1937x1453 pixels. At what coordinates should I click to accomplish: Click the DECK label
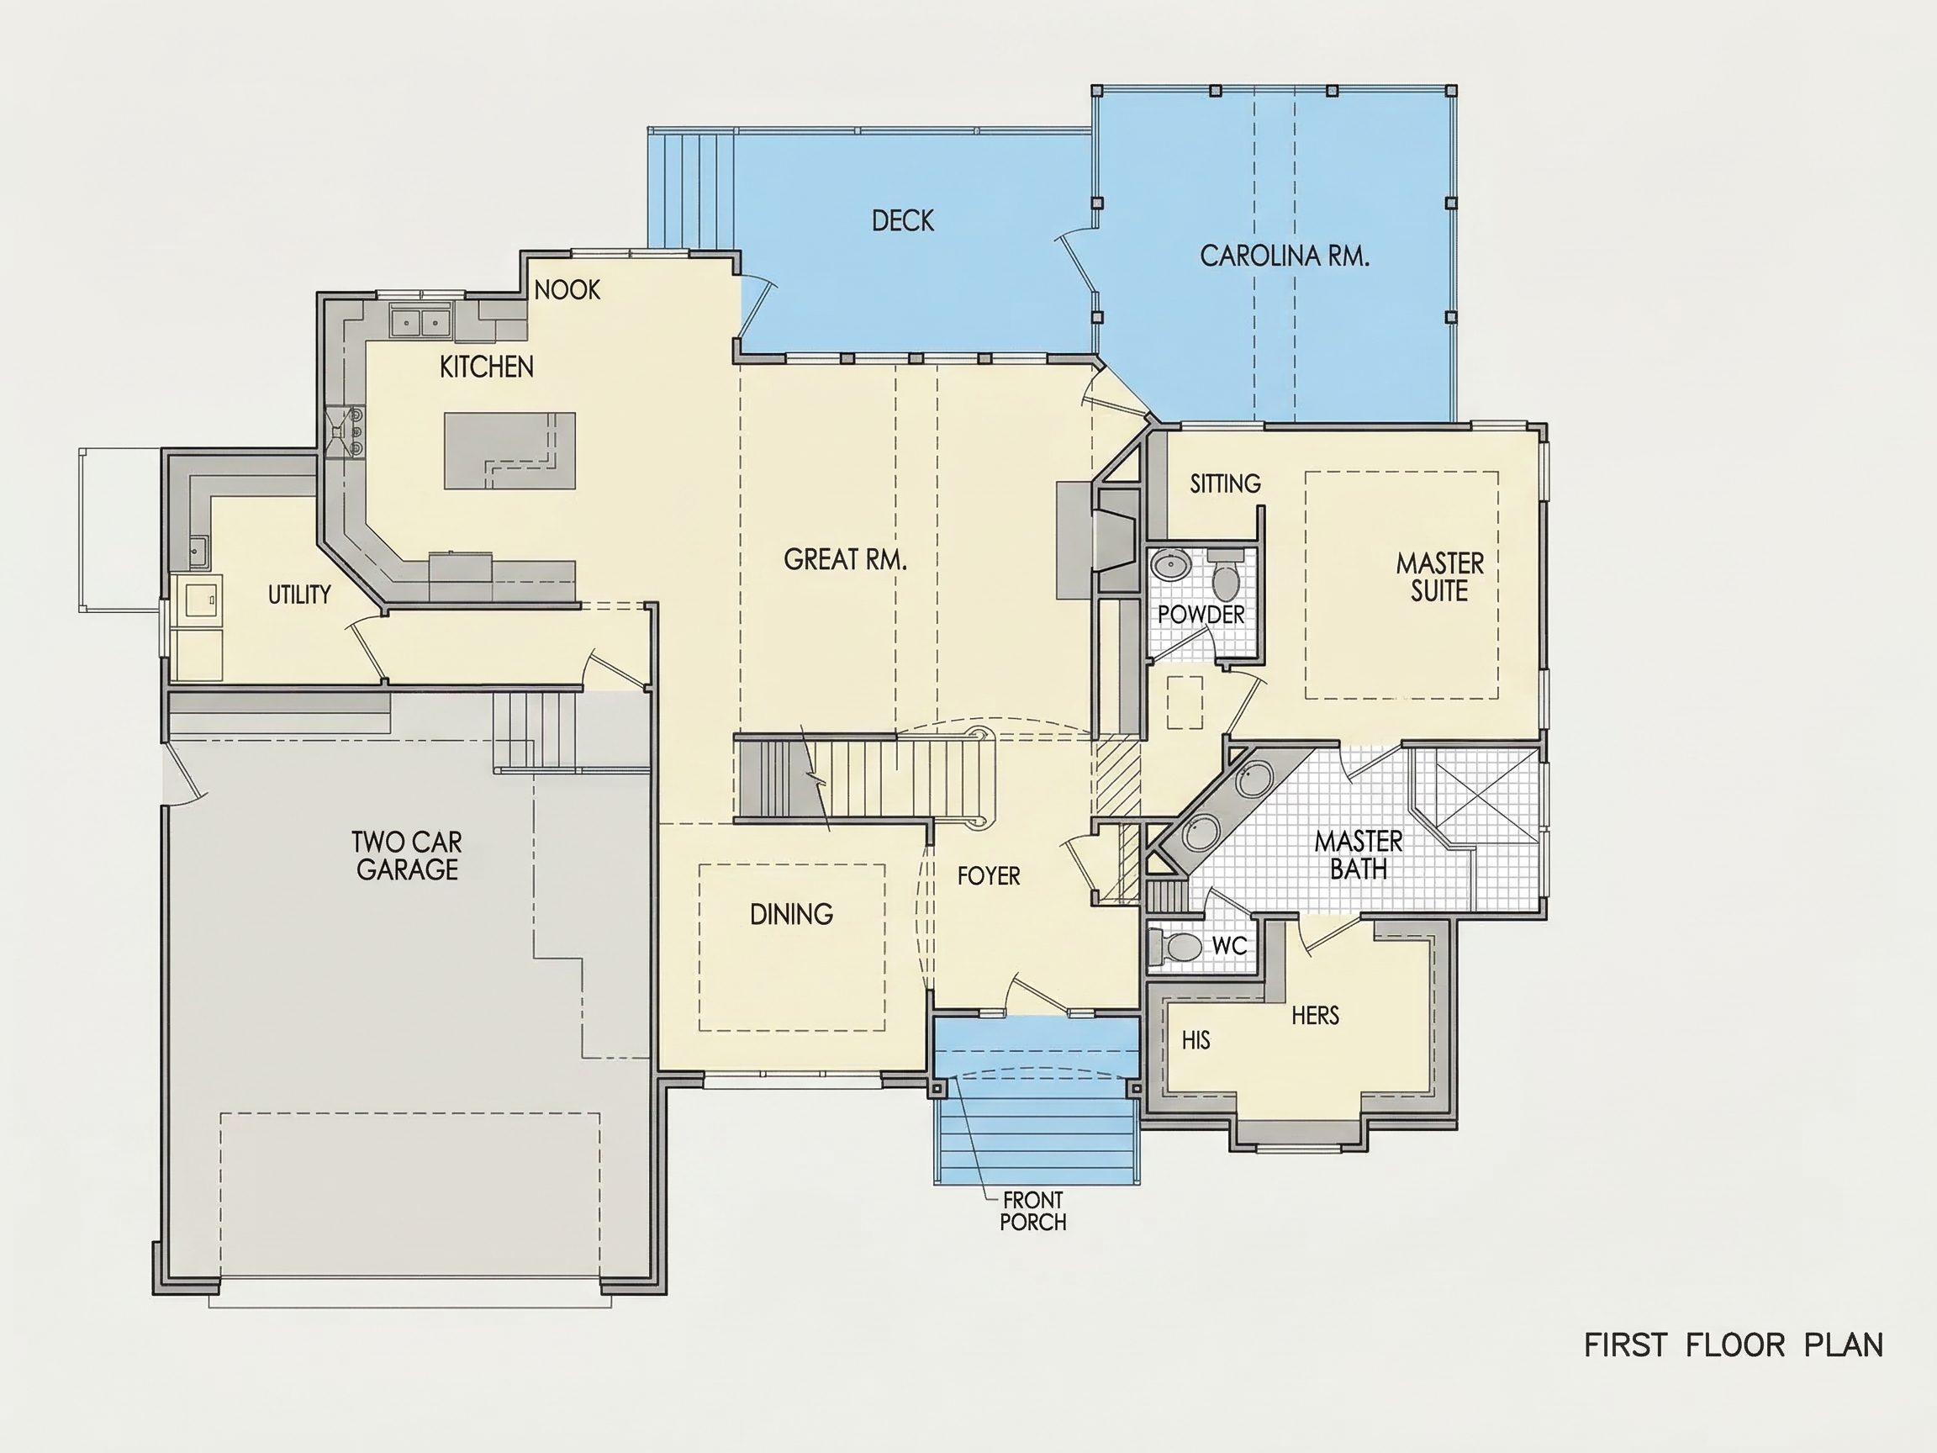[x=903, y=220]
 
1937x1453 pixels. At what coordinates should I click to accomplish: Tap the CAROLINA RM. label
[x=1284, y=256]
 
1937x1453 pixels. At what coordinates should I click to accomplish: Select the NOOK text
[x=567, y=290]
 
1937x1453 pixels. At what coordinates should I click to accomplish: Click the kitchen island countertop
[x=509, y=450]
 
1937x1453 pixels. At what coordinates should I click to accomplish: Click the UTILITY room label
[x=299, y=594]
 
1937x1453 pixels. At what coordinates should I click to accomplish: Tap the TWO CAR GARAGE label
[x=407, y=856]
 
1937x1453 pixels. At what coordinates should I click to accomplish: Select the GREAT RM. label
[x=845, y=560]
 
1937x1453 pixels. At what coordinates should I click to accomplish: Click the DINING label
[x=792, y=914]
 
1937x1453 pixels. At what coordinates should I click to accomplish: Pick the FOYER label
[x=989, y=876]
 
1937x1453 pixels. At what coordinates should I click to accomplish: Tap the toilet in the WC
[x=1180, y=947]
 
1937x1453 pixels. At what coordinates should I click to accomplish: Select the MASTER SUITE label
[x=1439, y=577]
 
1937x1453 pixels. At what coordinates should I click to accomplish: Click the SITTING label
[x=1225, y=483]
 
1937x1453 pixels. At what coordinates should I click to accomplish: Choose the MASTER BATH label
[x=1359, y=856]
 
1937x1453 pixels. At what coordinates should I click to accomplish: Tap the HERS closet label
[x=1315, y=1016]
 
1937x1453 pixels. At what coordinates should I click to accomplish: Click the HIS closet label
[x=1195, y=1040]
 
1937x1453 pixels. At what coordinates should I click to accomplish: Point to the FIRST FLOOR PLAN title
[x=1733, y=1345]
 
